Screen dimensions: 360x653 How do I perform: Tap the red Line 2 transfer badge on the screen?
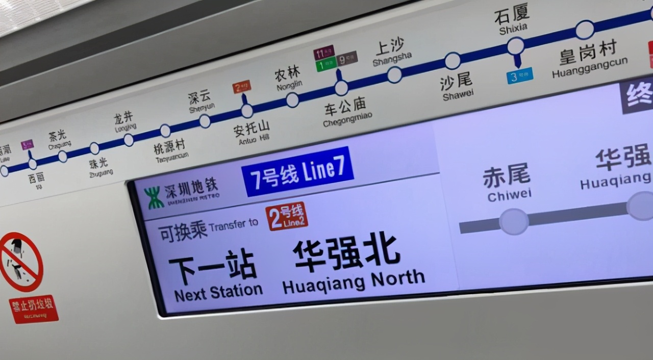point(287,216)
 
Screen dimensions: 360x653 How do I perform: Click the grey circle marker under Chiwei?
point(514,222)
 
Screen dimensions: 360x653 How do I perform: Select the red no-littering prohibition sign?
point(20,262)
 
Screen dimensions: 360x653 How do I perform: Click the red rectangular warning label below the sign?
point(34,309)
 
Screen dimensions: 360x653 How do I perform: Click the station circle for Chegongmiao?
point(341,88)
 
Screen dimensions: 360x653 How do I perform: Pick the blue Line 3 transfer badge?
point(520,76)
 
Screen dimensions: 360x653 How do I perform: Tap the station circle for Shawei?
point(453,61)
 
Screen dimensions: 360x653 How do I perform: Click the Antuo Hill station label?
point(253,132)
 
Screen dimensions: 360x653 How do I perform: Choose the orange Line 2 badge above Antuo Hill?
point(242,87)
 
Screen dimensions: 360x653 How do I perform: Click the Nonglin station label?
point(288,78)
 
